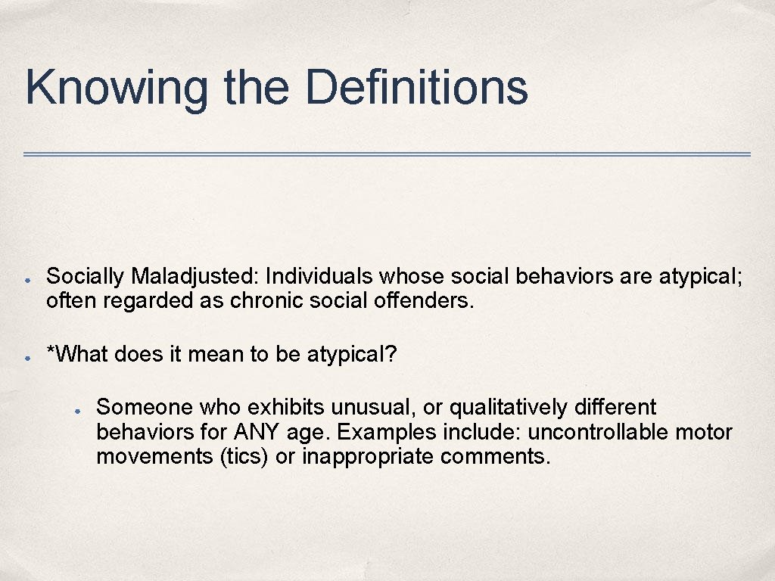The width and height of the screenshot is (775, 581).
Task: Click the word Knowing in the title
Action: point(116,88)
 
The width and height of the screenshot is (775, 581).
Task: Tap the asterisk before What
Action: point(51,352)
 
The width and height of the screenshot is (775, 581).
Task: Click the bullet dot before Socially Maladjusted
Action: point(26,279)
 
